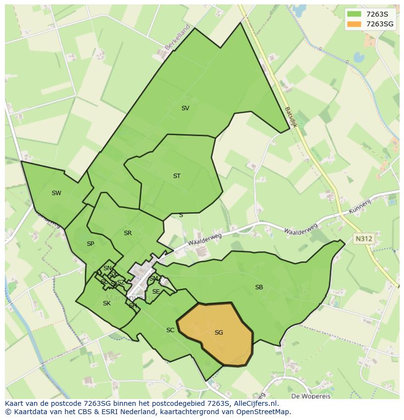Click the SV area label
pyautogui.click(x=185, y=108)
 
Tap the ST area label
pyautogui.click(x=177, y=176)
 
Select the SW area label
pyautogui.click(x=57, y=193)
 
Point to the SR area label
pyautogui.click(x=128, y=233)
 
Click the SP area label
pyautogui.click(x=90, y=244)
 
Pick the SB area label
pyautogui.click(x=259, y=287)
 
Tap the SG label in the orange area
pyautogui.click(x=219, y=333)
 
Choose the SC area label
pyautogui.click(x=170, y=330)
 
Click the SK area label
pyautogui.click(x=107, y=303)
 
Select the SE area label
pyautogui.click(x=156, y=292)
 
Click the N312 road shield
pyautogui.click(x=363, y=239)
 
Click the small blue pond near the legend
pyautogui.click(x=359, y=58)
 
